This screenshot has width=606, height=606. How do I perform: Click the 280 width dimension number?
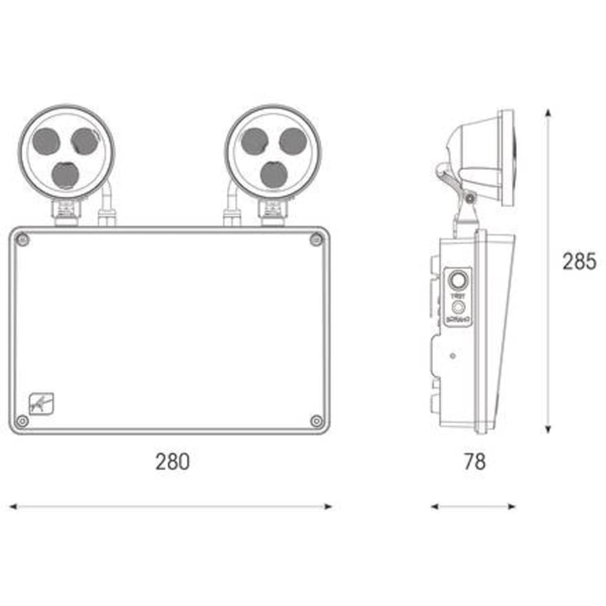tap(172, 462)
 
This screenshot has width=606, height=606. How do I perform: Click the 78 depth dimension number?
tap(473, 462)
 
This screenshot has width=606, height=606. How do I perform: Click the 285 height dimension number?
tap(579, 263)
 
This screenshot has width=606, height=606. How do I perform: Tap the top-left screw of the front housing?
tap(23, 240)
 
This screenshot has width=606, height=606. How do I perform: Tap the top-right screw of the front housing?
tap(316, 240)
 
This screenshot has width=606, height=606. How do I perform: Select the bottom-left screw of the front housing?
tap(23, 420)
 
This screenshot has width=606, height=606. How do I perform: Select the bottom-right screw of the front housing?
tap(316, 420)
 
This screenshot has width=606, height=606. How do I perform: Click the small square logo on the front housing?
tap(39, 403)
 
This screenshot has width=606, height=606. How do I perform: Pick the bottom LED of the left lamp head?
tap(65, 174)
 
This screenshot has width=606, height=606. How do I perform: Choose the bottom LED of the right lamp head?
tap(274, 174)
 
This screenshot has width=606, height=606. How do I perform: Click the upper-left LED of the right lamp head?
tap(255, 142)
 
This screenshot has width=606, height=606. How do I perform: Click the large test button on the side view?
tap(456, 279)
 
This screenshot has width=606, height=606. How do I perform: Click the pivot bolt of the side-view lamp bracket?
tap(469, 197)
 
